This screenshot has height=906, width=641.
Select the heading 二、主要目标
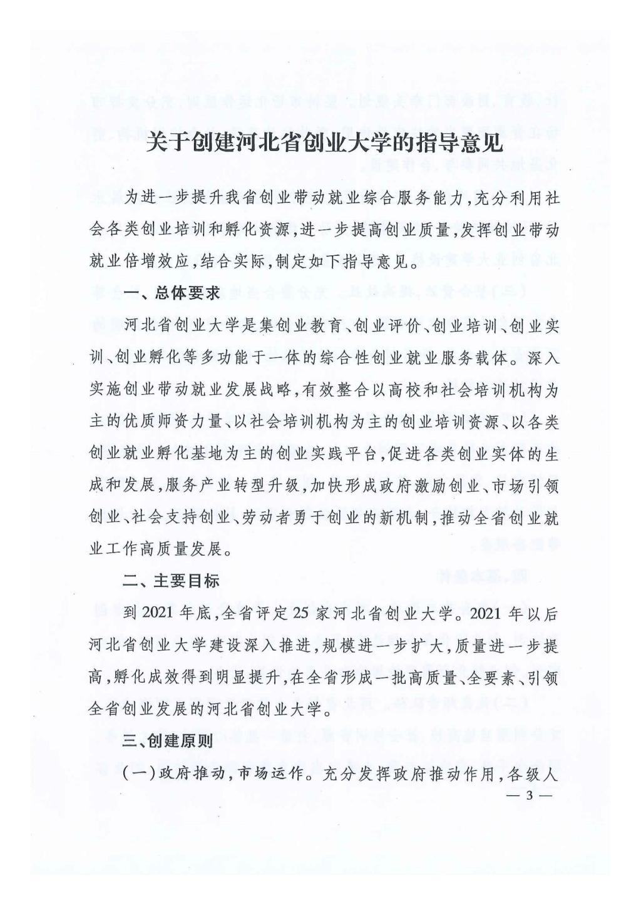coord(171,581)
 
